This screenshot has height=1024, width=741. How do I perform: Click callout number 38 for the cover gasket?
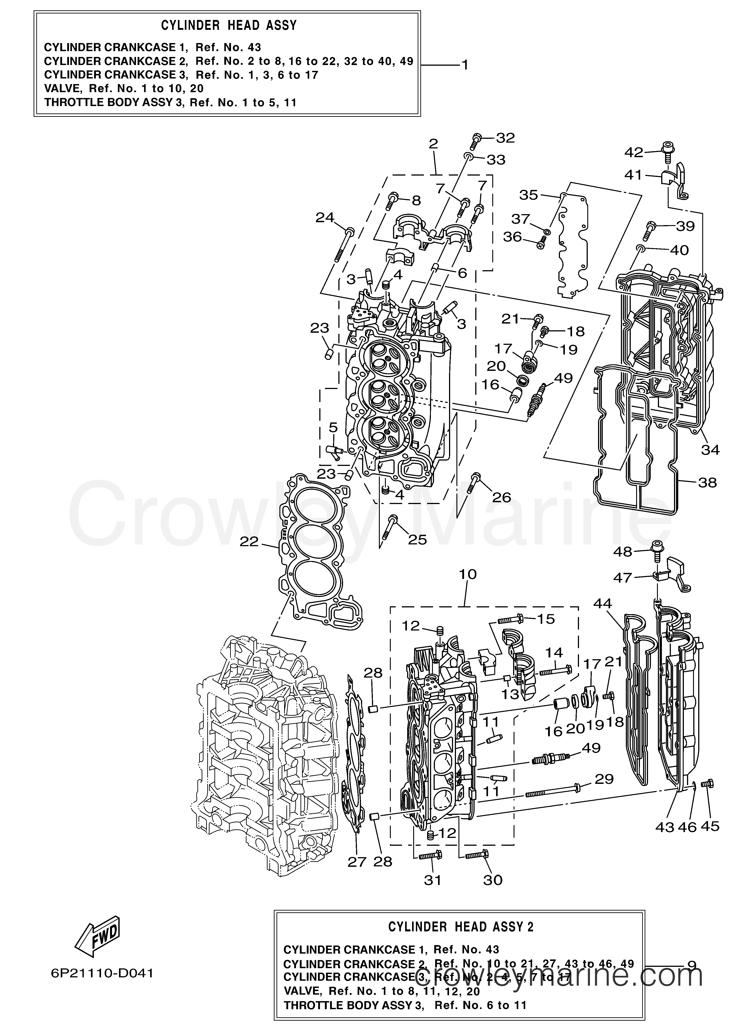coord(707,483)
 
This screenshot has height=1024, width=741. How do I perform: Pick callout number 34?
coord(710,450)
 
